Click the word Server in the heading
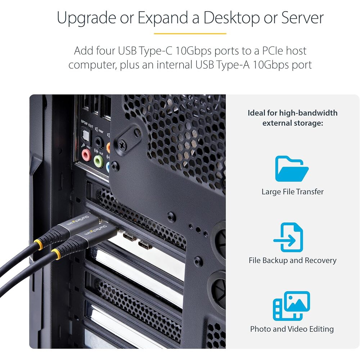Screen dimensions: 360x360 pos(302,18)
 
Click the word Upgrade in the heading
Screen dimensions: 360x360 pos(86,18)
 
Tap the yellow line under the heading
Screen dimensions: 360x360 pos(190,33)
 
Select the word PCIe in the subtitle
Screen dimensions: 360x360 pos(274,51)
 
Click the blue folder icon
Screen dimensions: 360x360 pos(292,169)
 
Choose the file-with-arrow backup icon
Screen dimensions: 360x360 pos(289,237)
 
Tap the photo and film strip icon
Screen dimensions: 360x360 pos(291,306)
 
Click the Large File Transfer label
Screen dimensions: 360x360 pos(292,192)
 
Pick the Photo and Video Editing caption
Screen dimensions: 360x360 pos(292,329)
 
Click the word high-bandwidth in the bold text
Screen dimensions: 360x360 pos(308,113)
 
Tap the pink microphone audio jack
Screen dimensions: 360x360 pos(86,154)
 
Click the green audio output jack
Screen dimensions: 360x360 pos(99,161)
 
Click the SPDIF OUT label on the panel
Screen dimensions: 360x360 pos(87,124)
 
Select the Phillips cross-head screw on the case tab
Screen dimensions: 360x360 pos(122,145)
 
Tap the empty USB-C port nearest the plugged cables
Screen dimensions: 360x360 pos(129,237)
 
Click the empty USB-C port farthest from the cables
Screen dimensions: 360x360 pos(145,245)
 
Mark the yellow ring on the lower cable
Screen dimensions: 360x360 pos(56,254)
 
